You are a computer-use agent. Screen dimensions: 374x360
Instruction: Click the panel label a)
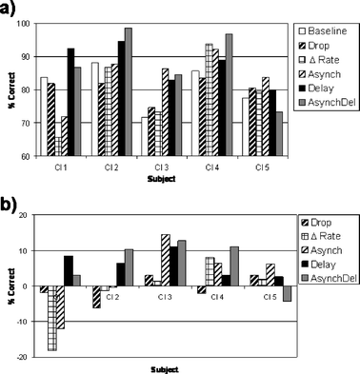coord(9,9)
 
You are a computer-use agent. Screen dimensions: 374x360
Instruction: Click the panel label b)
coord(9,201)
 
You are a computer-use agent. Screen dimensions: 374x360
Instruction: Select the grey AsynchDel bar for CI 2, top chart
coord(129,92)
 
